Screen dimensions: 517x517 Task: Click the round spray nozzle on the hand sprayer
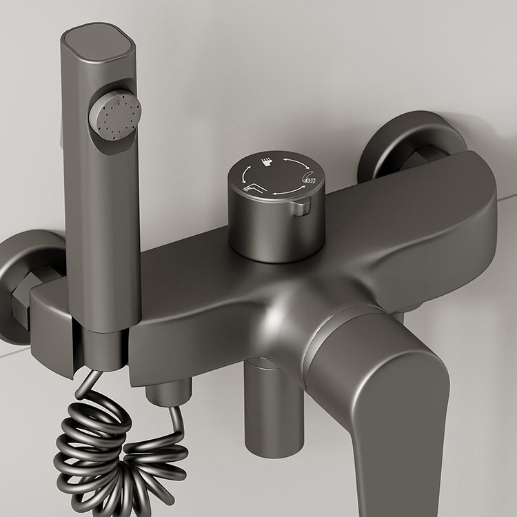coord(114,115)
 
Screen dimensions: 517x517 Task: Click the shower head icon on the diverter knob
coord(267,163)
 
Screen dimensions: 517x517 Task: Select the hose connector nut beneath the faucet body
coord(165,393)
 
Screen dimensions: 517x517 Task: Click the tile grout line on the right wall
coord(507,197)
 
